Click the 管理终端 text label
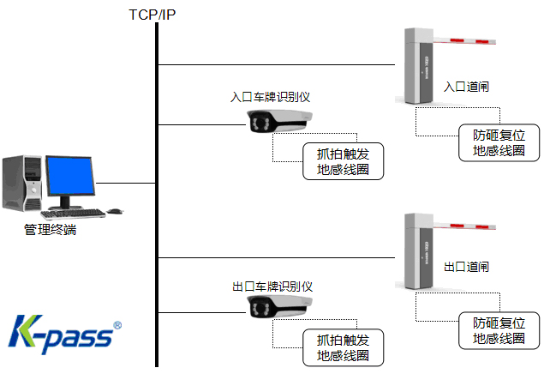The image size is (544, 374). click(x=51, y=230)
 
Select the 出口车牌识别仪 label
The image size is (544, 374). click(x=272, y=286)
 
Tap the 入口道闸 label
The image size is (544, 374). click(x=466, y=87)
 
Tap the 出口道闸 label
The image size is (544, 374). click(x=466, y=267)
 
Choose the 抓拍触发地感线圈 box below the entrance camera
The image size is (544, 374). click(x=343, y=161)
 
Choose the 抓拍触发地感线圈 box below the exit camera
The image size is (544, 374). click(x=343, y=347)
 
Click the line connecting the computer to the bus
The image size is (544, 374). click(x=124, y=183)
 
